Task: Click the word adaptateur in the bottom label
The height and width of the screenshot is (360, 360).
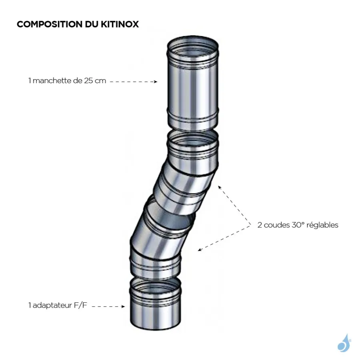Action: pyautogui.click(x=50, y=306)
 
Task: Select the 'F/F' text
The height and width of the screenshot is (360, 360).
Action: pyautogui.click(x=80, y=306)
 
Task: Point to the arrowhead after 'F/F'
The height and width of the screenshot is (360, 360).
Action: pyautogui.click(x=123, y=307)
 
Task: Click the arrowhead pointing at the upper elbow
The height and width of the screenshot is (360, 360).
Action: pyautogui.click(x=220, y=186)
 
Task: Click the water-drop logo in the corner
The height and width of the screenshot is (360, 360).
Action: pyautogui.click(x=343, y=343)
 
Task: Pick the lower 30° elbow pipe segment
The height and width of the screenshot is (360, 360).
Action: pyautogui.click(x=160, y=240)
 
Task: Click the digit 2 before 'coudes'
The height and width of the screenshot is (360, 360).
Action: pyautogui.click(x=260, y=225)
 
